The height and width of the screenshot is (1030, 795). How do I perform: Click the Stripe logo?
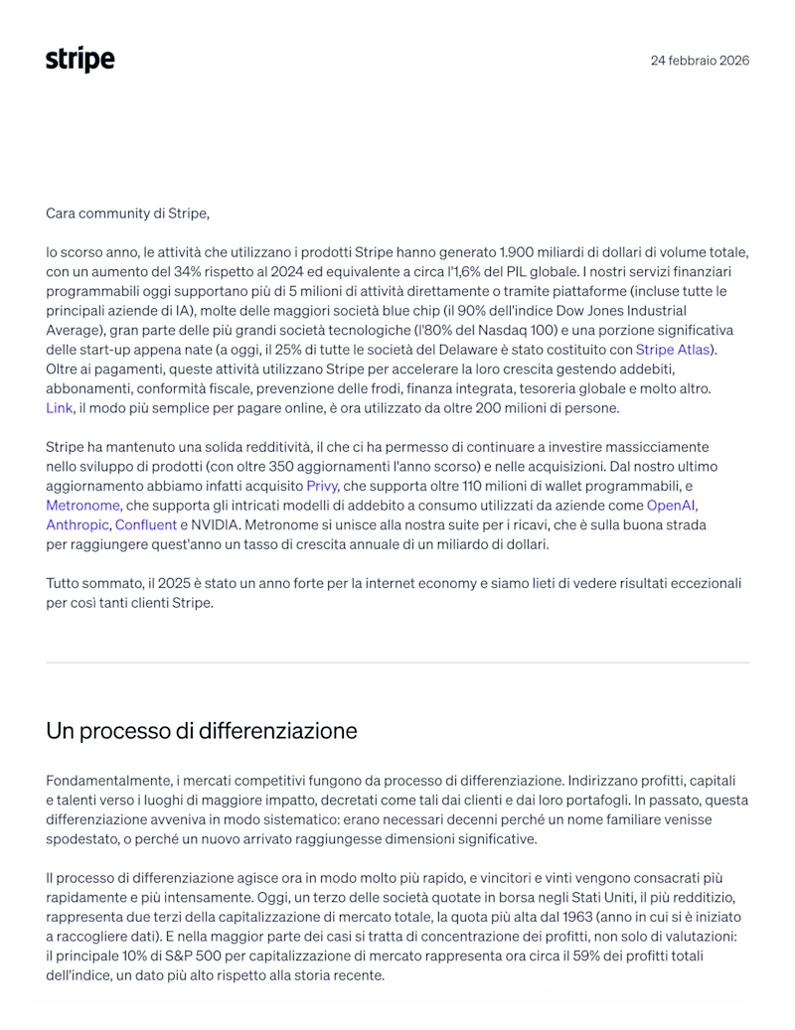[79, 60]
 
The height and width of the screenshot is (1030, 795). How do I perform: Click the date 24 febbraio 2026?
[700, 60]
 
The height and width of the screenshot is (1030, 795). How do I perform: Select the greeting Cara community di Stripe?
[127, 213]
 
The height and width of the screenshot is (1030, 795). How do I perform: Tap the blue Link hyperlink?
[59, 407]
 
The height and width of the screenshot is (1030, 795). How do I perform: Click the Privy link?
[322, 486]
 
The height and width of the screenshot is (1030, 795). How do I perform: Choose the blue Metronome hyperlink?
[82, 506]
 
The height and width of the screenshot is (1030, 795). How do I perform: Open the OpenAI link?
[671, 506]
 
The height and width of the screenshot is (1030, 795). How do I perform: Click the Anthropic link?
[78, 524]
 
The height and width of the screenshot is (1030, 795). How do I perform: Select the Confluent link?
[146, 524]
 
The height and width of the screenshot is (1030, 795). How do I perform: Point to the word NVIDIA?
[216, 524]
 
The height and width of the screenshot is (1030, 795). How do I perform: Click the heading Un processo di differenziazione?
[202, 731]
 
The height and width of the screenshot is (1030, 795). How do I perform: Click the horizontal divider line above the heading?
[397, 662]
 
